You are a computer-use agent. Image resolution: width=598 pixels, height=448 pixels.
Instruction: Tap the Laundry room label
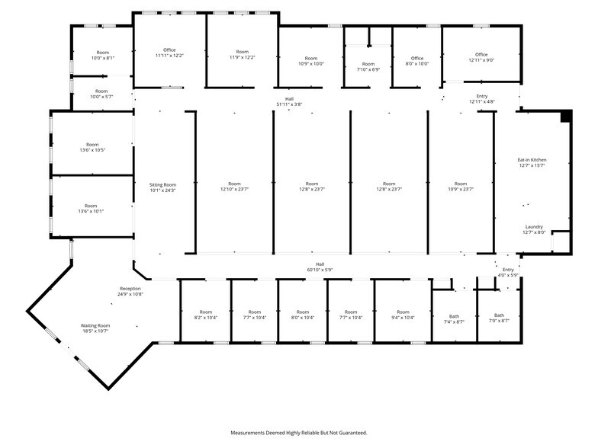click(x=534, y=227)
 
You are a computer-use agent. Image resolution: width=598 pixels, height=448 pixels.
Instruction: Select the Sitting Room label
click(x=163, y=184)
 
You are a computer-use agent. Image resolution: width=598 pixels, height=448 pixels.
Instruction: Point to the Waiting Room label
click(x=96, y=325)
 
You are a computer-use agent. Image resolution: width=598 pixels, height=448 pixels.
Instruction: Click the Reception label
click(x=130, y=289)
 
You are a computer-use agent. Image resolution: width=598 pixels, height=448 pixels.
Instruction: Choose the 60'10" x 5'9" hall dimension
click(x=320, y=270)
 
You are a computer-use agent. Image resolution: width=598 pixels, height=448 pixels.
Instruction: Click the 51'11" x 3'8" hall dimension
click(x=289, y=104)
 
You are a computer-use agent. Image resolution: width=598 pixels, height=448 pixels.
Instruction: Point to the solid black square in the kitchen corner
click(x=565, y=116)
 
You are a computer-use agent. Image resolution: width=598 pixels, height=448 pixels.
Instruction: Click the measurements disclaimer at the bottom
click(x=299, y=432)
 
